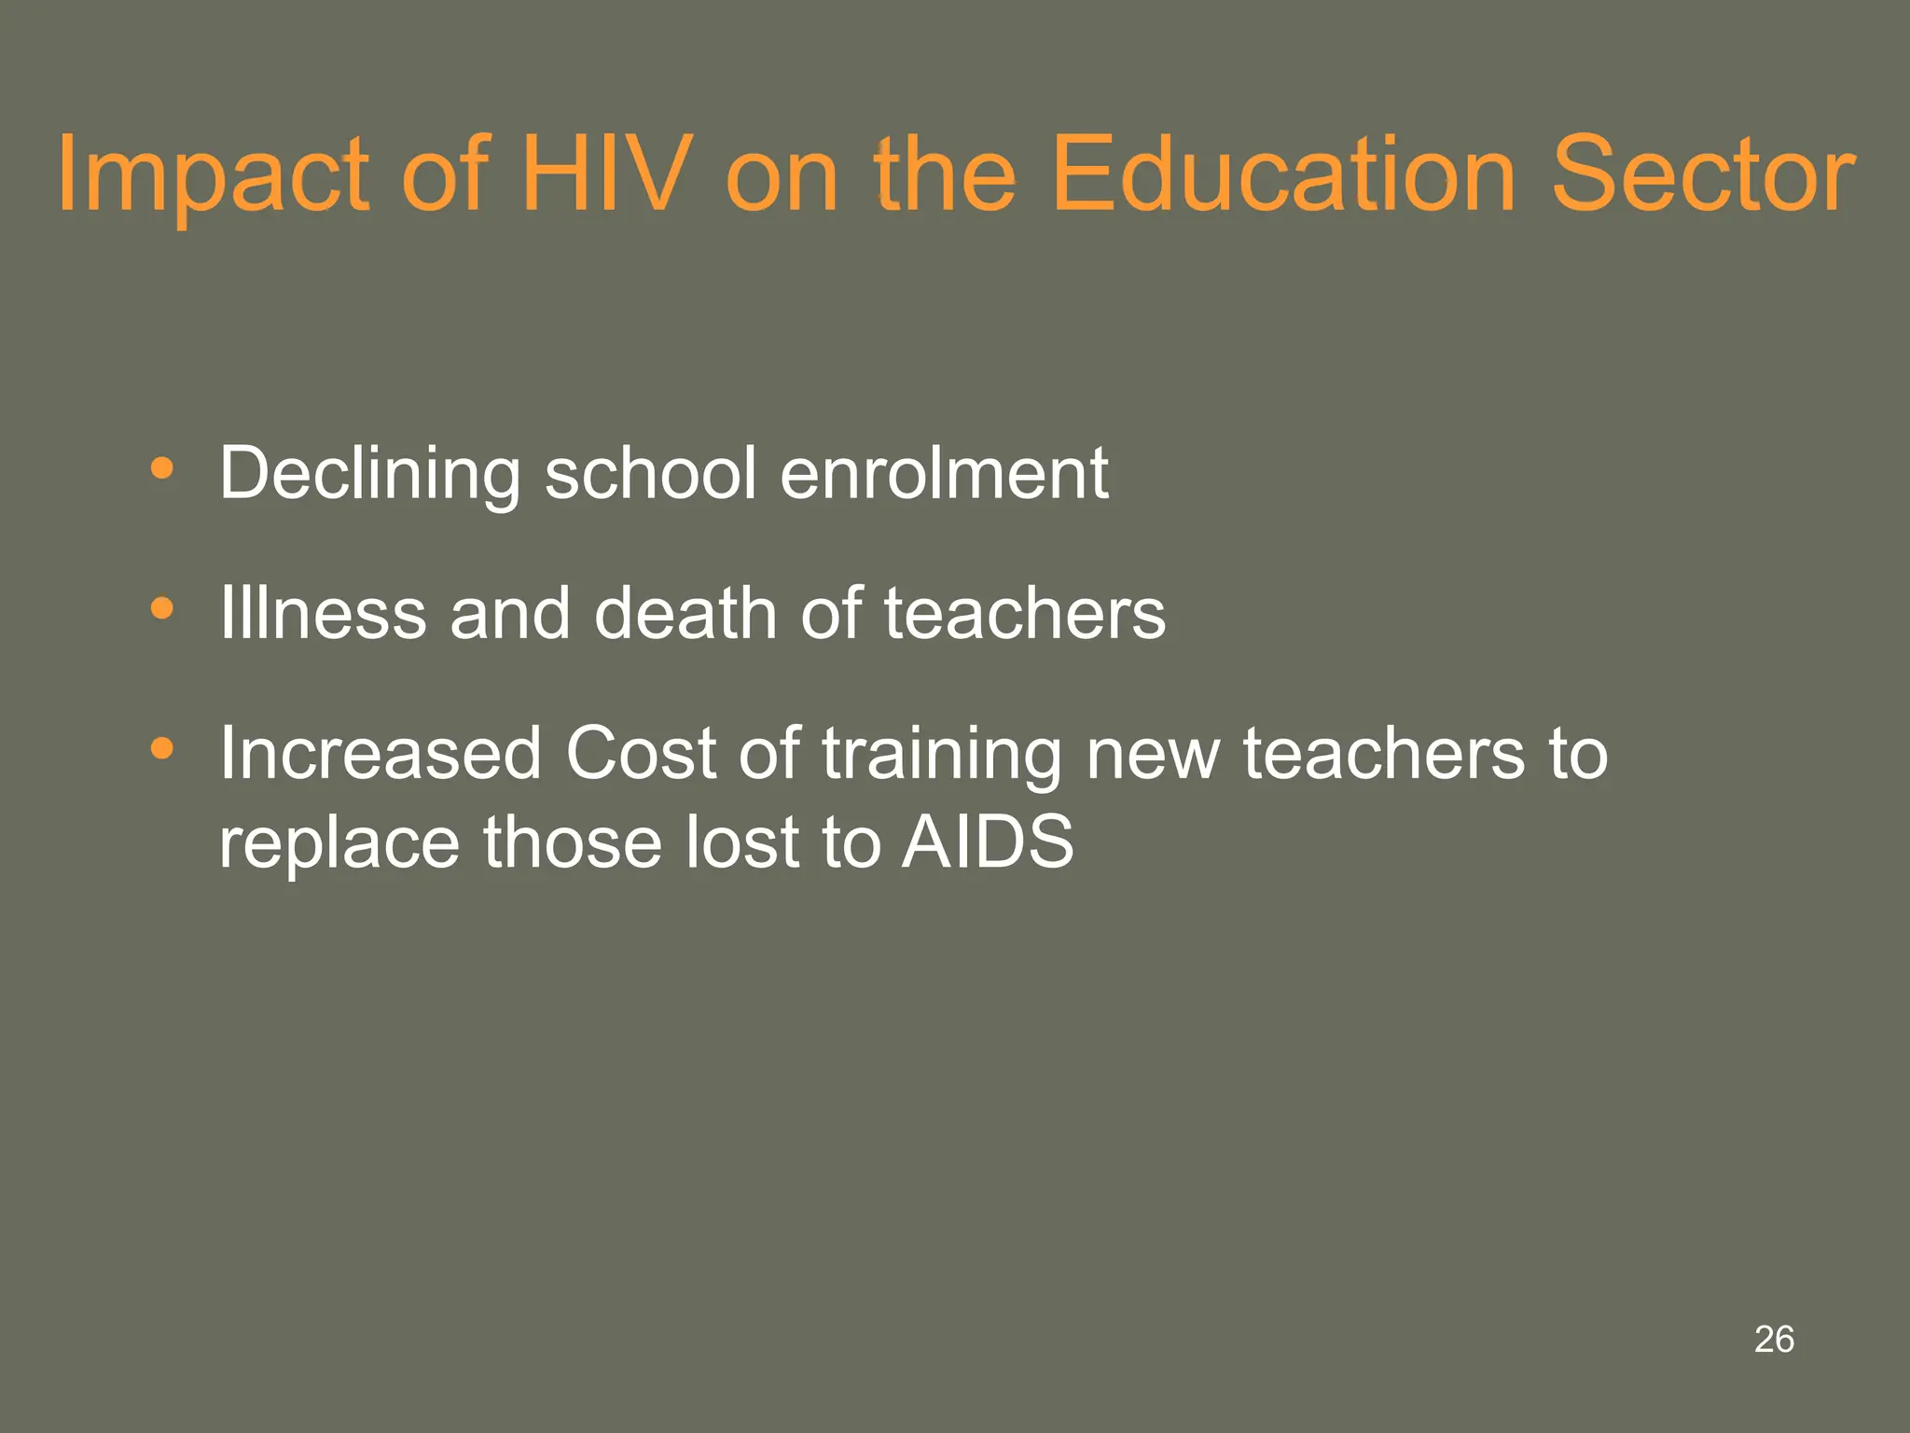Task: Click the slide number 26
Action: pos(1774,1339)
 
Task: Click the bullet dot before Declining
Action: pos(162,467)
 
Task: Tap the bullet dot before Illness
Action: pos(162,608)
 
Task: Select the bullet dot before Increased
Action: pos(162,748)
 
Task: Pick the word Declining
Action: pos(370,474)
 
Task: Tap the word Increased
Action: pos(381,753)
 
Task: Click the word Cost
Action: pos(641,753)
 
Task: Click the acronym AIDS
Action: pos(988,842)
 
